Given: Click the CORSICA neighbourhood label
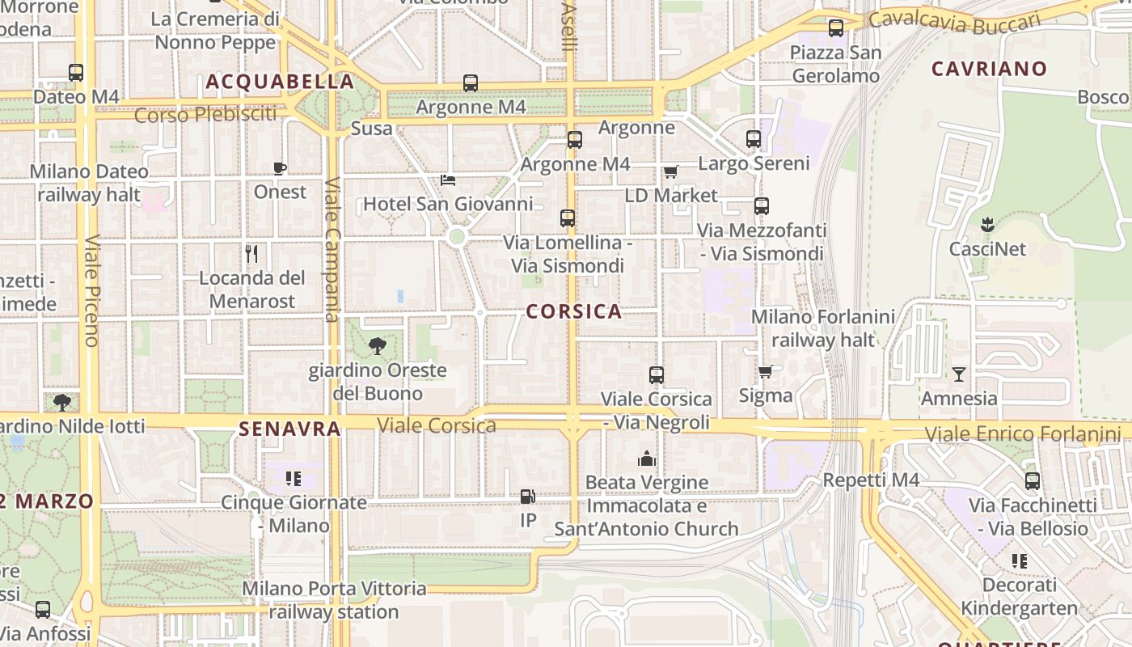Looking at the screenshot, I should [574, 311].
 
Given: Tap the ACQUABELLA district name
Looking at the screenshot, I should [280, 82].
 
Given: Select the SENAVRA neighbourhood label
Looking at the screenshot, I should [289, 429].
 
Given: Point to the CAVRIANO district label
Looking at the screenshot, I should [989, 69].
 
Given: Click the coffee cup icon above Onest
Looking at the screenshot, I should [280, 168].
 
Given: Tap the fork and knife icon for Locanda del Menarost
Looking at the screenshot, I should [251, 254].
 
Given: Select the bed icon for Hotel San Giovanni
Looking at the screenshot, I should [448, 180].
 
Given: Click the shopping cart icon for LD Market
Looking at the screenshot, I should [670, 171].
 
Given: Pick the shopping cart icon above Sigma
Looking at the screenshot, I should [765, 371].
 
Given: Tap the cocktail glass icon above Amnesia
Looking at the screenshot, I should [959, 374].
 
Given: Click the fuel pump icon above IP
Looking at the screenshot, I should [527, 496].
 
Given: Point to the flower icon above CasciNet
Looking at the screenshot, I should [986, 224].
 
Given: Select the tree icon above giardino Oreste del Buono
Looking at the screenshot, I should [377, 347].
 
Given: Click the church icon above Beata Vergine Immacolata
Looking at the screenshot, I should [646, 459].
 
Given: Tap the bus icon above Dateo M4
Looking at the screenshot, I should [76, 73].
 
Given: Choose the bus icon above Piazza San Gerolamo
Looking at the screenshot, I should [836, 28].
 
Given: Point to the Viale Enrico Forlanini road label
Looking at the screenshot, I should [1023, 434].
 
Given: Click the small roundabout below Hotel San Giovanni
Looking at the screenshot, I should [457, 236].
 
